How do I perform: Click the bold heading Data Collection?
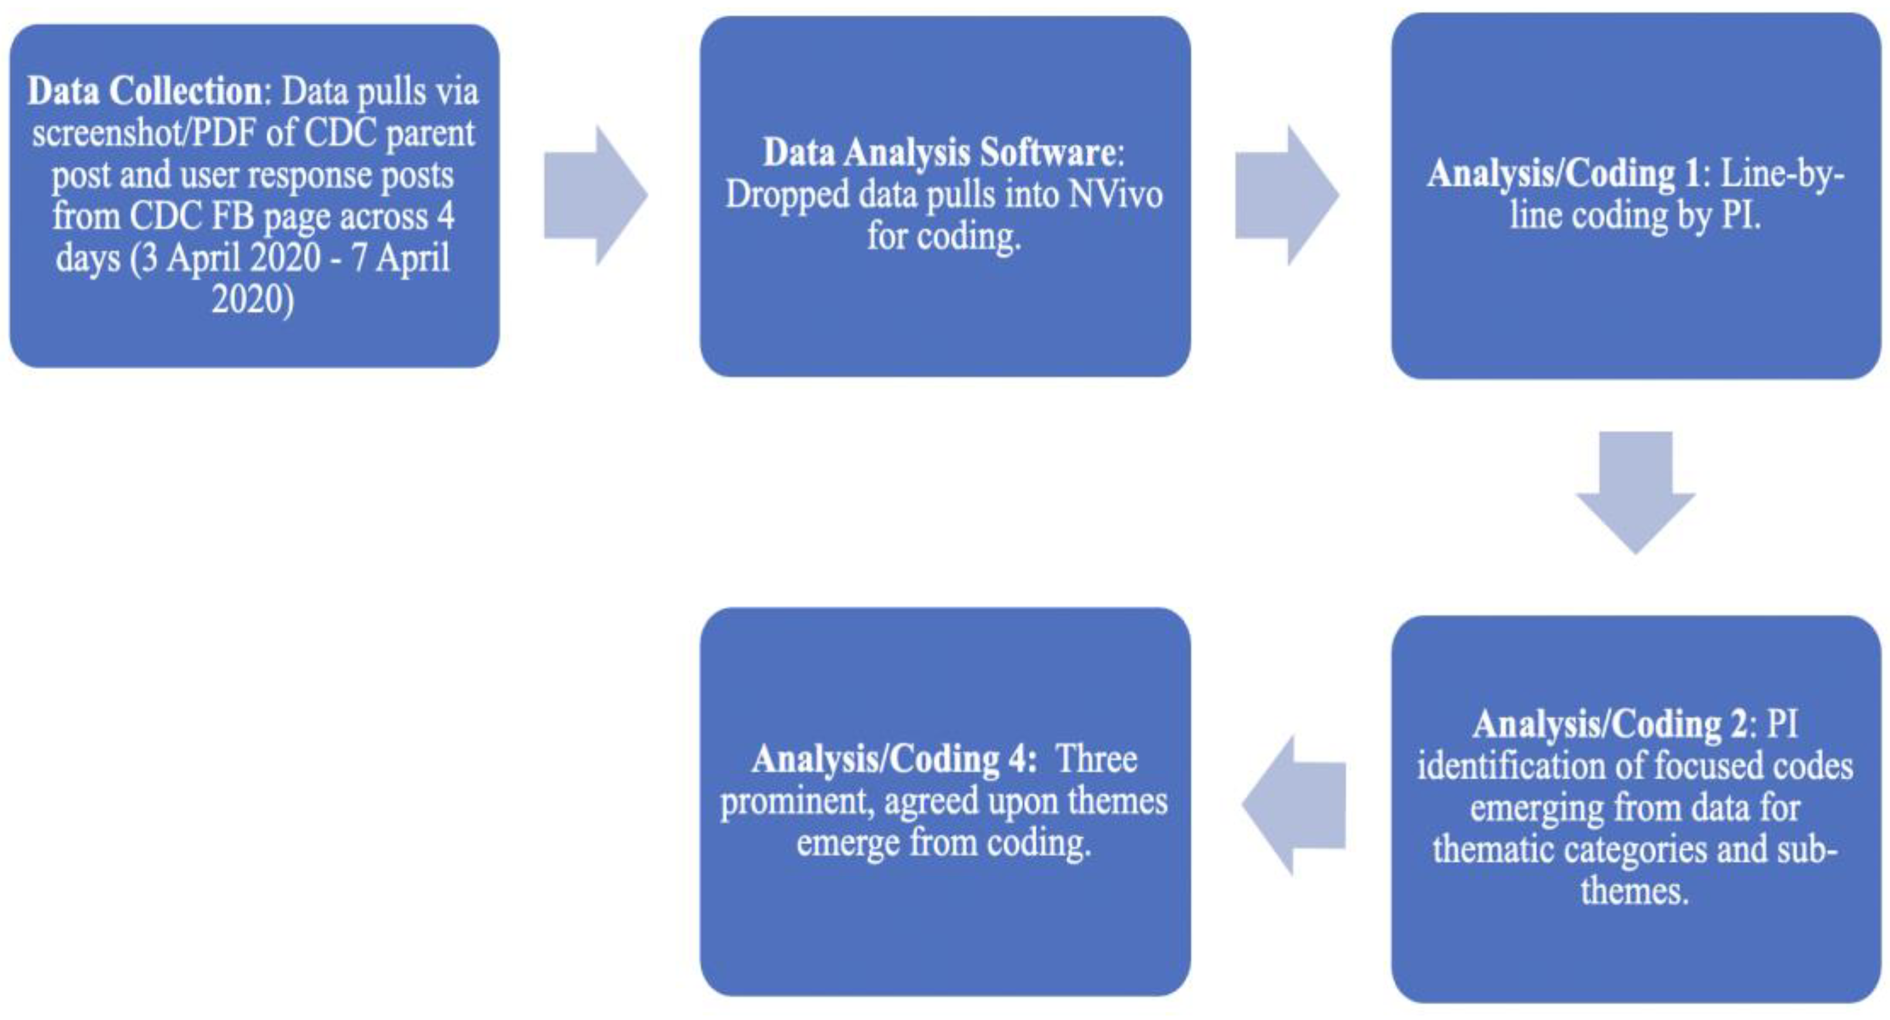pyautogui.click(x=145, y=92)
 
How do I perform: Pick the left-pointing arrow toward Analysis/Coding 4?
pyautogui.click(x=1294, y=805)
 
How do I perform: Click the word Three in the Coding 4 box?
pyautogui.click(x=1097, y=760)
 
